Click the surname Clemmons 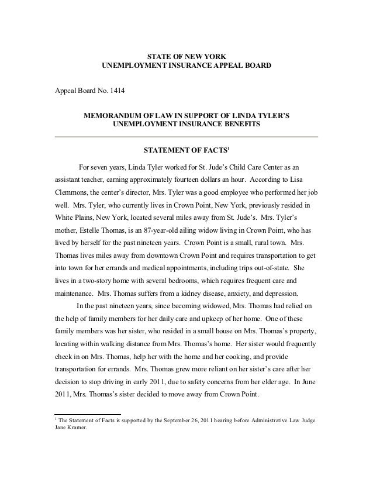[74, 191]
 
